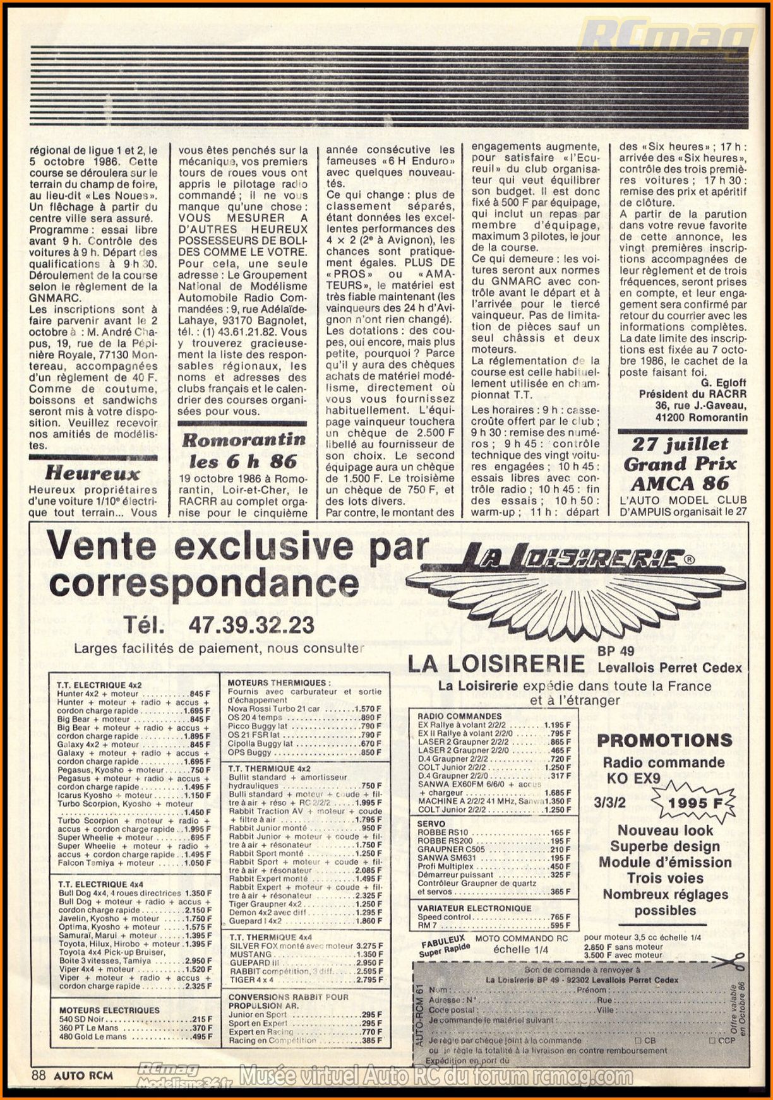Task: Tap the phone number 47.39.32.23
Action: click(251, 625)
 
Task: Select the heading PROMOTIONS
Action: click(664, 740)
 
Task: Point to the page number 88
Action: click(39, 1075)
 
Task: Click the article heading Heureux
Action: click(93, 473)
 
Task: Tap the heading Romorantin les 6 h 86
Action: click(243, 450)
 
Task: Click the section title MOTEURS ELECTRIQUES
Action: click(109, 1010)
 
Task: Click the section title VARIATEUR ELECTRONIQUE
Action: click(474, 908)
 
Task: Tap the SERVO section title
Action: click(431, 824)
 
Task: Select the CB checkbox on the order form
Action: click(638, 1041)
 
